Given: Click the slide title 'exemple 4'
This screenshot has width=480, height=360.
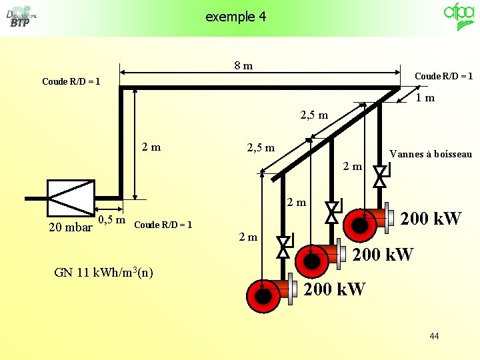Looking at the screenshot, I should point(235,17).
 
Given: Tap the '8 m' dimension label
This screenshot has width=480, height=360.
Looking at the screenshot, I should point(243,65).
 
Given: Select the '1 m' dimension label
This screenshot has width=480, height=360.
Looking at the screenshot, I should point(425,98).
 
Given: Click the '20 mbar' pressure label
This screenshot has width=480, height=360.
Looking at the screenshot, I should point(71,227).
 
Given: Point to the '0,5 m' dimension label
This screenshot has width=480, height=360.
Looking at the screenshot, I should point(112,221).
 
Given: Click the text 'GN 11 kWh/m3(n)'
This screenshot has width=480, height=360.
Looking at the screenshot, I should point(103,272).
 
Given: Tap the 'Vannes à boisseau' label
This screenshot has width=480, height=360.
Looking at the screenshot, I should point(431,155).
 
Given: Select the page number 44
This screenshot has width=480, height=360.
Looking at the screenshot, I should point(434,336).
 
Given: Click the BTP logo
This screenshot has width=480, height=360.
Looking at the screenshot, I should point(20,19).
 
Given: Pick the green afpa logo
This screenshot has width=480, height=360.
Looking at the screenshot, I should point(459,17).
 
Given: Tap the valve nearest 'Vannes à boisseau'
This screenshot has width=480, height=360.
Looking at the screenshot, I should point(379,177).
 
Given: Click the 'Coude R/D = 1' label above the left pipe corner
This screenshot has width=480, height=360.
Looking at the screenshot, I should point(71,81).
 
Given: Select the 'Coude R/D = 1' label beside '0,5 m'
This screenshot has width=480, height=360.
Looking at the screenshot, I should point(163,225).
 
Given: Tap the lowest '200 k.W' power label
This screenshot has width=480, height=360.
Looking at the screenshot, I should point(335,289).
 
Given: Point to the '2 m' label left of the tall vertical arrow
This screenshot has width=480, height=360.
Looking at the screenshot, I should point(151,147).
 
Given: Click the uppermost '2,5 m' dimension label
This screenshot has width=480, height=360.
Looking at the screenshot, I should point(315,115).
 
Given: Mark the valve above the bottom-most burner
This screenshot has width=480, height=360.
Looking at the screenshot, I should point(283,246).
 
